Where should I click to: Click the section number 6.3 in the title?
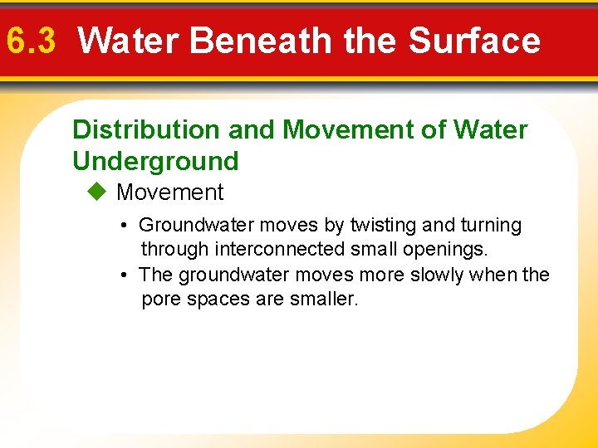pyautogui.click(x=31, y=40)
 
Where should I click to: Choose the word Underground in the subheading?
pyautogui.click(x=155, y=160)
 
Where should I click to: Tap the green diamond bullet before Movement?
pyautogui.click(x=96, y=192)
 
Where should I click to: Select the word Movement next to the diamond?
pyautogui.click(x=170, y=192)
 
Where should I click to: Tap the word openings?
pyautogui.click(x=448, y=249)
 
